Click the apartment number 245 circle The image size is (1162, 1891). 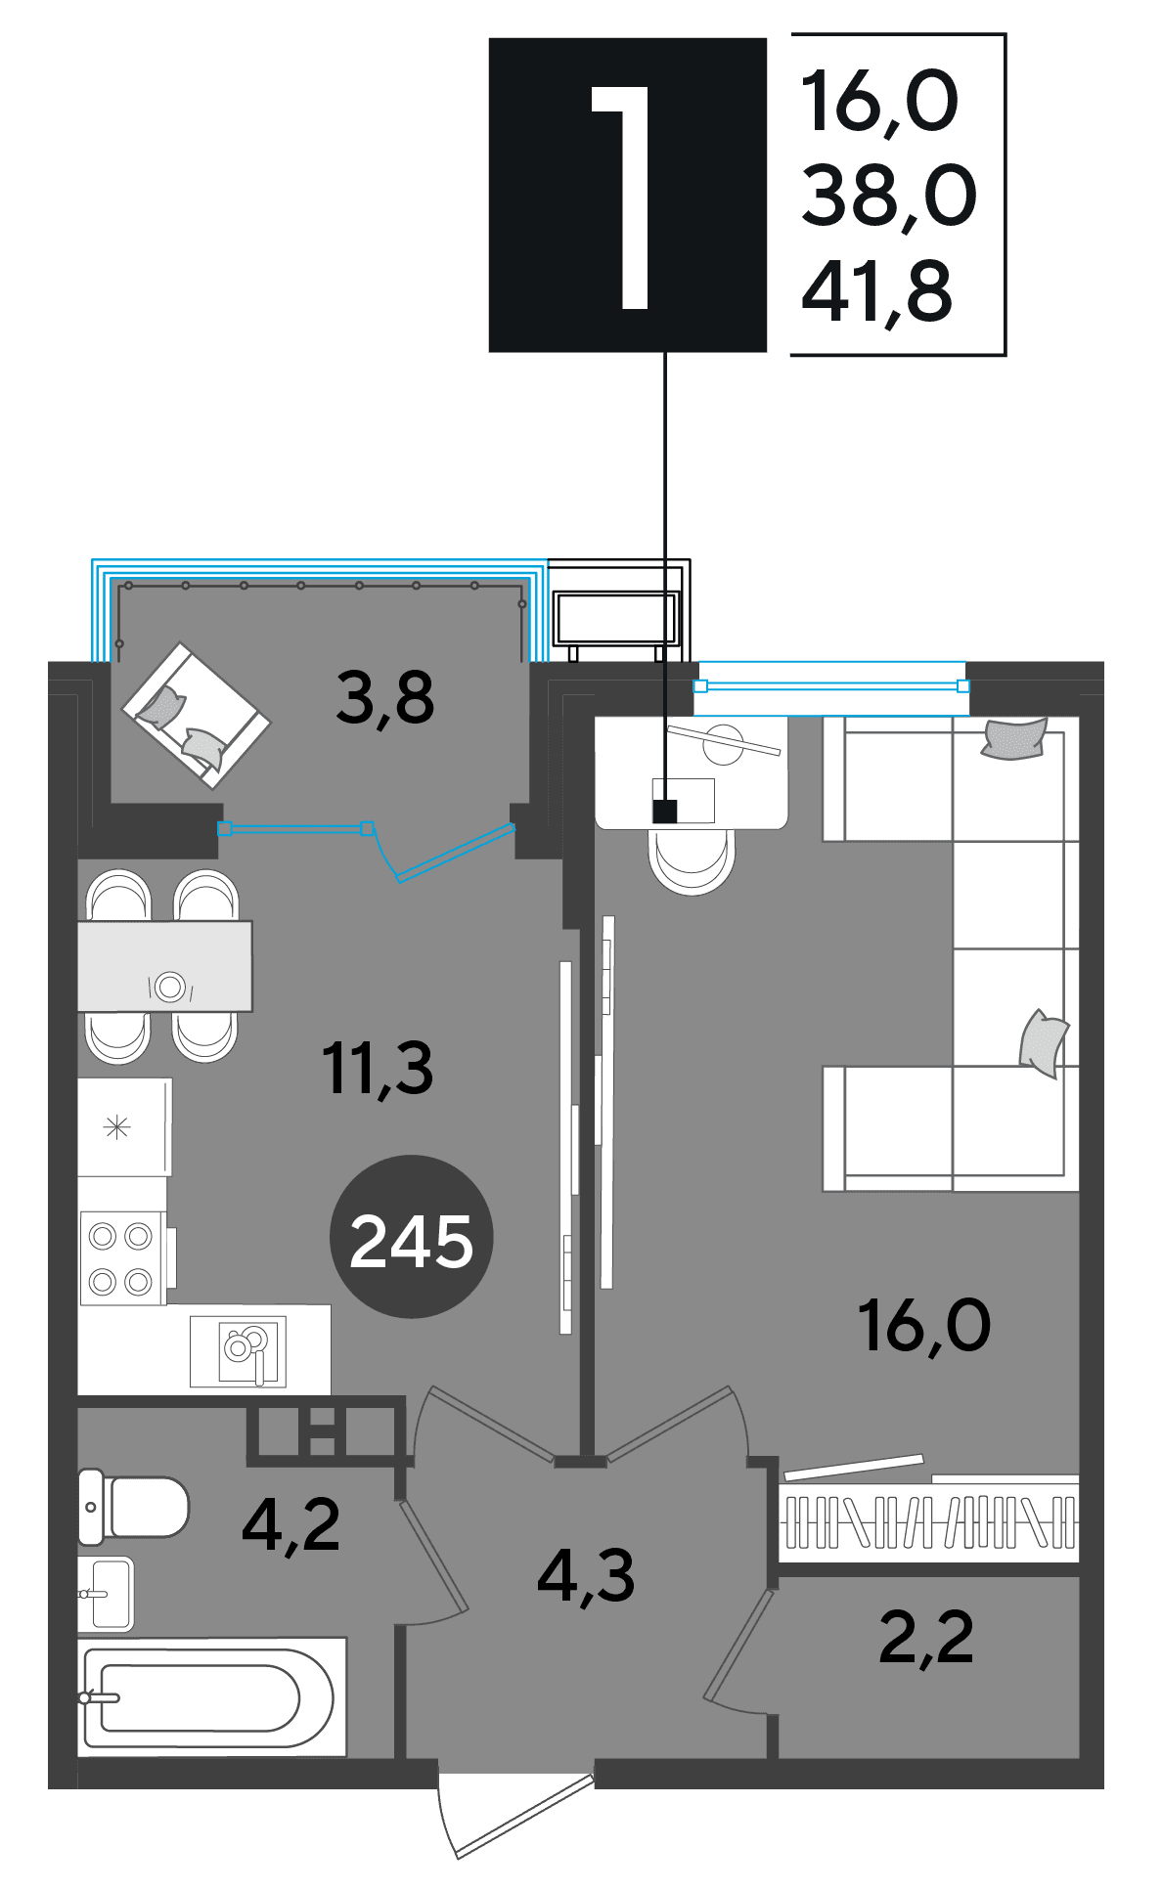(x=411, y=1237)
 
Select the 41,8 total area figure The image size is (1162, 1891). (x=876, y=291)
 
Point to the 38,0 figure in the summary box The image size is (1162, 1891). (x=888, y=197)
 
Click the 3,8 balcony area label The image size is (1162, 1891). (x=384, y=698)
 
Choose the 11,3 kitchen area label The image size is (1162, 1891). (x=378, y=1068)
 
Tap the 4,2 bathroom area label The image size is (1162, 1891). (x=291, y=1525)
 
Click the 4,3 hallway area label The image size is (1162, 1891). (x=586, y=1576)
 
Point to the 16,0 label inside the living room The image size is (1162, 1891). (x=924, y=1325)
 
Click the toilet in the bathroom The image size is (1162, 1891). (x=133, y=1506)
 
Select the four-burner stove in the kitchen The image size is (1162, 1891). (x=122, y=1258)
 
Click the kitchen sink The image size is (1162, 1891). (x=239, y=1351)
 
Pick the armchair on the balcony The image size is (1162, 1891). (x=196, y=715)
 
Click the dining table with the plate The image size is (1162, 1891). (x=164, y=966)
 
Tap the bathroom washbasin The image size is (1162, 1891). (x=106, y=1594)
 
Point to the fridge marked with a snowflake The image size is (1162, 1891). (x=125, y=1127)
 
